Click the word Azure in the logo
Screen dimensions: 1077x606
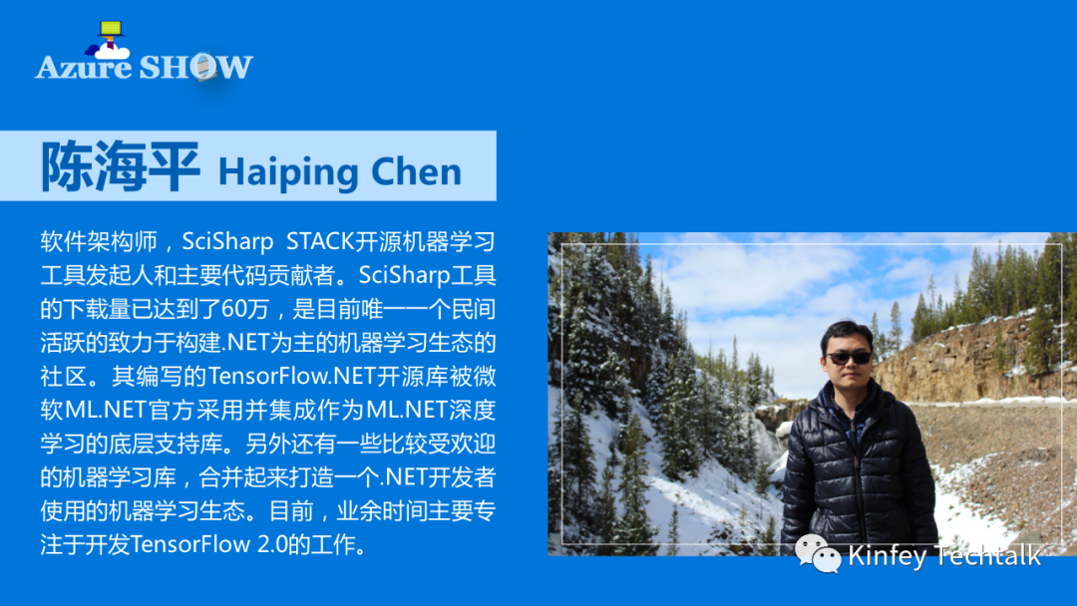pyautogui.click(x=83, y=67)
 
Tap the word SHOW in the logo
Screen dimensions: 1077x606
pyautogui.click(x=195, y=67)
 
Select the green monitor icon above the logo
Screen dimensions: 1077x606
pyautogui.click(x=111, y=28)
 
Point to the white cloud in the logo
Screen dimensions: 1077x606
pyautogui.click(x=113, y=52)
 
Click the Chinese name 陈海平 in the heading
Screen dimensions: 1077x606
pyautogui.click(x=121, y=166)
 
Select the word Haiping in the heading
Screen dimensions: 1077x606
pyautogui.click(x=288, y=171)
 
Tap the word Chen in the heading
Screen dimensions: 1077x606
pyautogui.click(x=416, y=170)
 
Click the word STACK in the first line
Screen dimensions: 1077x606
pyautogui.click(x=320, y=241)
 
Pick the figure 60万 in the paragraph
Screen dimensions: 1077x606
pyautogui.click(x=245, y=309)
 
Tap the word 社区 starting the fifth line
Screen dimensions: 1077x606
pyautogui.click(x=63, y=376)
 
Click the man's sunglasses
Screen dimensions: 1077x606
pyautogui.click(x=849, y=358)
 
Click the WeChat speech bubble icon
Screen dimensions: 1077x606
pyautogui.click(x=818, y=553)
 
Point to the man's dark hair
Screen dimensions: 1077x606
pyautogui.click(x=848, y=334)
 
